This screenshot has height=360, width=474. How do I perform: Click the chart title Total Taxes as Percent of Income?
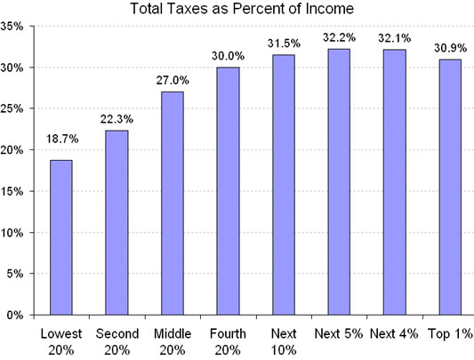(x=242, y=10)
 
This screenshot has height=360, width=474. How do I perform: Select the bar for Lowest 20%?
(x=60, y=237)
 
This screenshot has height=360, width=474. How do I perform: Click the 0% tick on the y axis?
(x=16, y=315)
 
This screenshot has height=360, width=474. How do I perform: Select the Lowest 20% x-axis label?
(x=60, y=341)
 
